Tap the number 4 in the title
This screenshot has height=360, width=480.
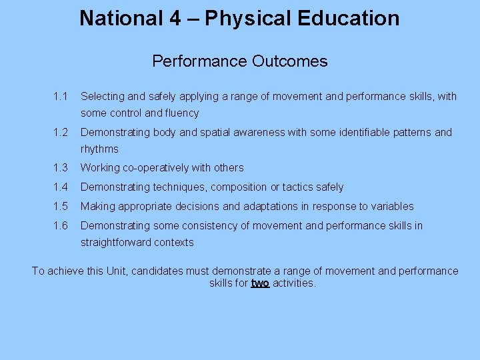click(175, 18)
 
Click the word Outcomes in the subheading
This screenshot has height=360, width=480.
click(290, 61)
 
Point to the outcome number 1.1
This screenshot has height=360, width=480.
click(60, 97)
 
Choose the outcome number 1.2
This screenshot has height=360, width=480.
click(60, 133)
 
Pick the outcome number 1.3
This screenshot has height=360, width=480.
click(60, 168)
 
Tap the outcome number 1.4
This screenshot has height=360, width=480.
click(60, 187)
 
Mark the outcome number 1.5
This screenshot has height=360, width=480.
click(60, 207)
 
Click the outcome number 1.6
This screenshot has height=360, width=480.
click(60, 226)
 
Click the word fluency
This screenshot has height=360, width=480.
click(181, 113)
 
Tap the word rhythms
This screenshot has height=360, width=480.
click(99, 149)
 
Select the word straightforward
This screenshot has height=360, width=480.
click(117, 243)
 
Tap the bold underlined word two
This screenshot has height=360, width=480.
click(260, 283)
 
